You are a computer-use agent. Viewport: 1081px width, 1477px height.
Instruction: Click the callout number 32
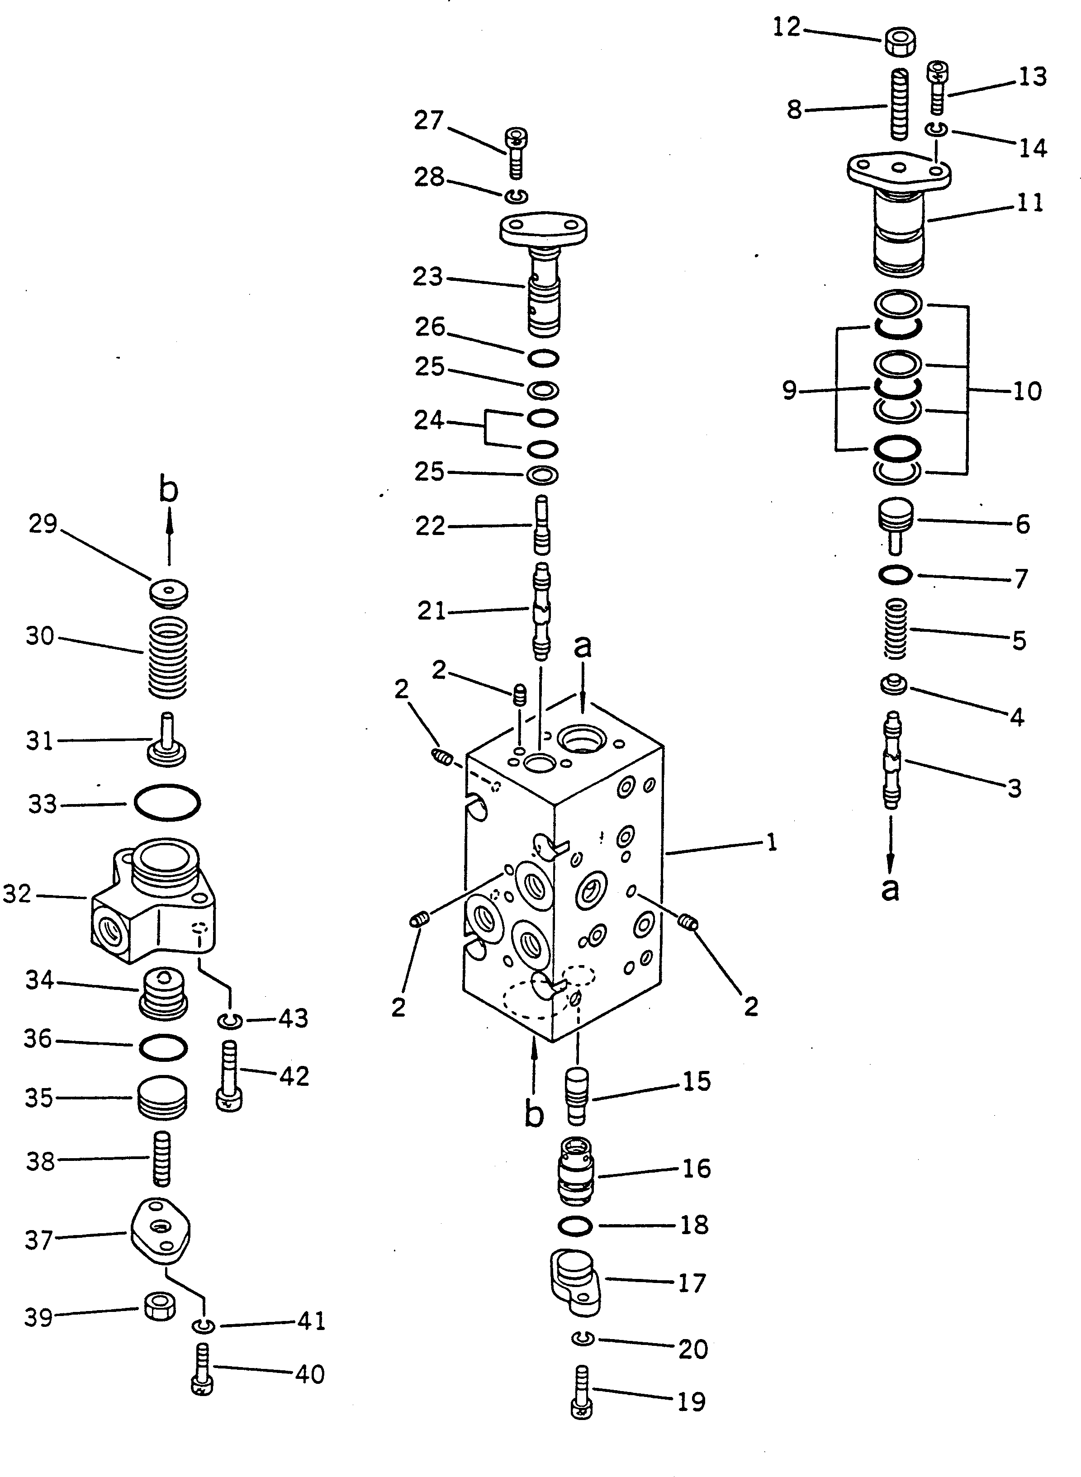point(17,894)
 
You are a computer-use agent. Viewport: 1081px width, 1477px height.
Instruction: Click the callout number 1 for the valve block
point(772,843)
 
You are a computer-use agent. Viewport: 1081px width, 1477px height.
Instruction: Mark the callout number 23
point(427,277)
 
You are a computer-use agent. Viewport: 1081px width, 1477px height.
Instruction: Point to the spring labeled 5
point(896,629)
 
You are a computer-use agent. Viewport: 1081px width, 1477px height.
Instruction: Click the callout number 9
point(790,391)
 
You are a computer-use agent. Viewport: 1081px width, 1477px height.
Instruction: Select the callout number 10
point(1027,391)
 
